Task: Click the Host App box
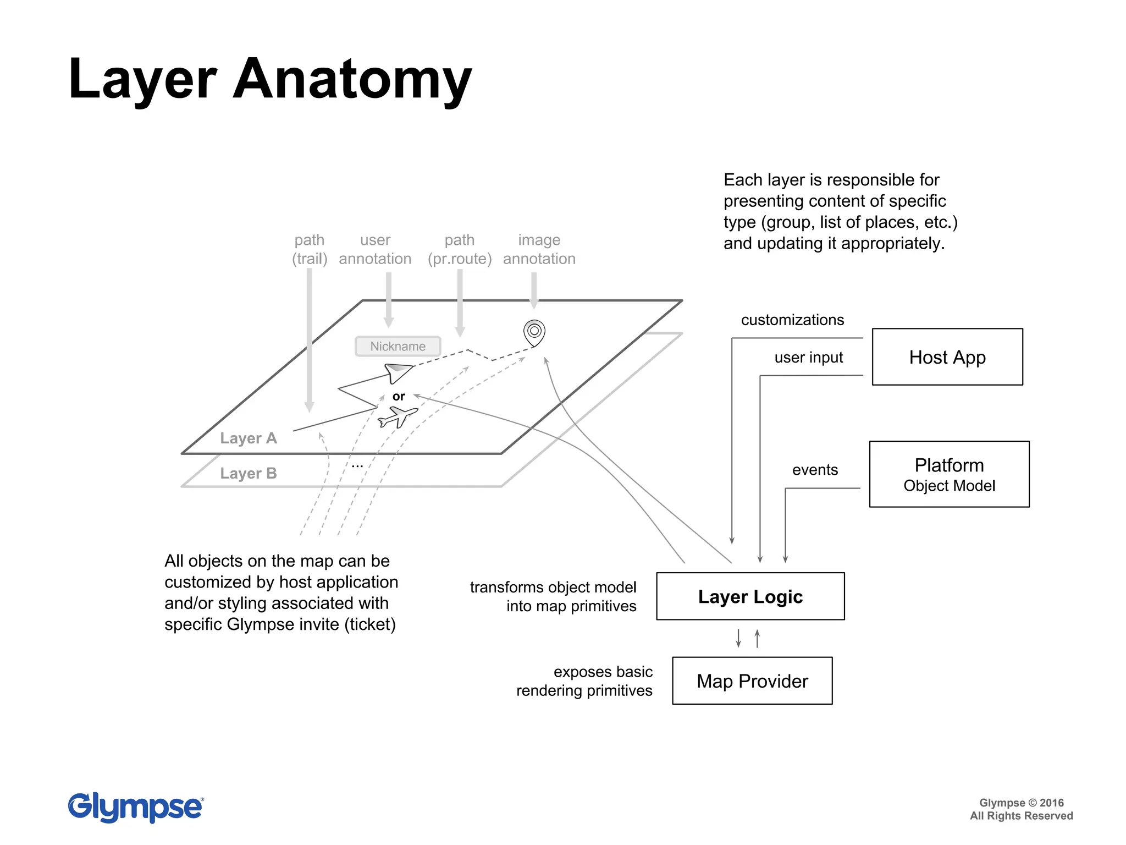947,357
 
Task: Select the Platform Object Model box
949,474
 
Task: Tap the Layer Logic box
750,596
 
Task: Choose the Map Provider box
752,681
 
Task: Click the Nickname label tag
398,347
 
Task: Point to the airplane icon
397,416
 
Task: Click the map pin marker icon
534,332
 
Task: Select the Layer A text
248,438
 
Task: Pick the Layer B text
248,474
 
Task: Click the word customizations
792,320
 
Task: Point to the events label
814,470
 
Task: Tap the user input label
808,358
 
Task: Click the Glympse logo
135,807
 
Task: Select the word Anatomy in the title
352,80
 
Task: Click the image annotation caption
539,249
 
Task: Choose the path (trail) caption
310,249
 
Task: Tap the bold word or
399,396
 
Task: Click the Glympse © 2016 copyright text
1021,803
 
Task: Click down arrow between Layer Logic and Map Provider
738,638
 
